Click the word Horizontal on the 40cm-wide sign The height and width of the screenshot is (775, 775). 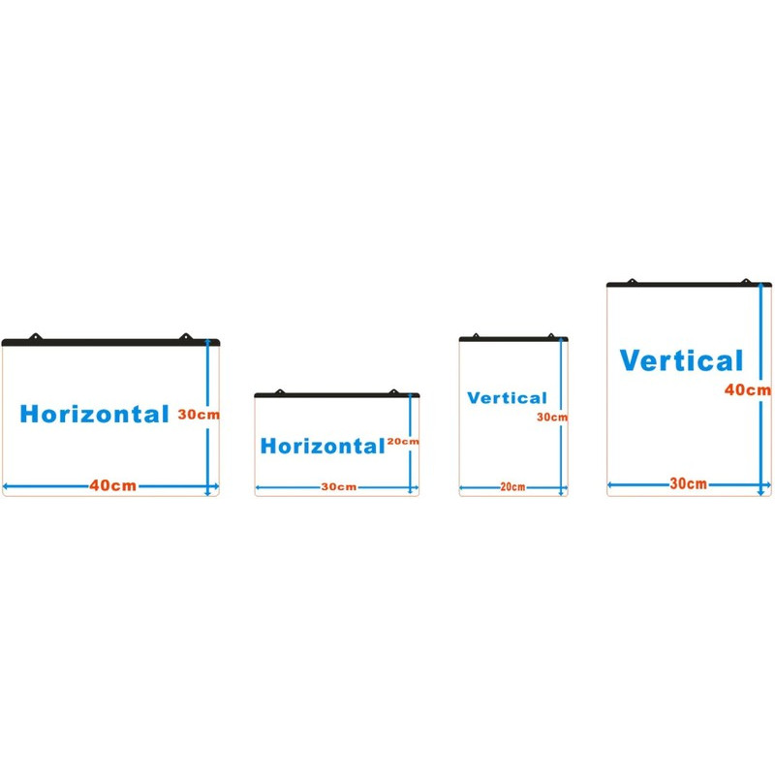(94, 414)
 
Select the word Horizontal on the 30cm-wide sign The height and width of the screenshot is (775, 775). (323, 447)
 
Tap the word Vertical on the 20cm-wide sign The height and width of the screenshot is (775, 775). (507, 398)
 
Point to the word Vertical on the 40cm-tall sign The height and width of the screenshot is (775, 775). (682, 361)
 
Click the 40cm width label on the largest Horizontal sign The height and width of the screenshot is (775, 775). (112, 485)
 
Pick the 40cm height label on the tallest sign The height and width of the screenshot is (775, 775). (749, 390)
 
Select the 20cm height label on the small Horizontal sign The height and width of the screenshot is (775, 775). (403, 442)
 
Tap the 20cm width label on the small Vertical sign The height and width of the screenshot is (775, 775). (512, 487)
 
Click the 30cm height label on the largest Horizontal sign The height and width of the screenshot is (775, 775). (199, 414)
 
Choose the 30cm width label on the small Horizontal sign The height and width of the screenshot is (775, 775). (337, 487)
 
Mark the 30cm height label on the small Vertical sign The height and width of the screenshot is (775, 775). (552, 418)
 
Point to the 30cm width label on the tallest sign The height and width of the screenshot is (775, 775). (688, 483)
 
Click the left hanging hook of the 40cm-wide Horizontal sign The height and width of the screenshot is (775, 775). (38, 337)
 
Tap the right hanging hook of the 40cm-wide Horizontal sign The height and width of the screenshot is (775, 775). (185, 337)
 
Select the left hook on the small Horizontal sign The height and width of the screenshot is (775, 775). (280, 391)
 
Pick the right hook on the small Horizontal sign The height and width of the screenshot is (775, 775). (393, 391)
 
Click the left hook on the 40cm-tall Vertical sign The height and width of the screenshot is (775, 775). (632, 281)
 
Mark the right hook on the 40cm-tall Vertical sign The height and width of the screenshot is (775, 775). (746, 281)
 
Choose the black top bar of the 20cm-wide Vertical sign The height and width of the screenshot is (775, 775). (513, 339)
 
